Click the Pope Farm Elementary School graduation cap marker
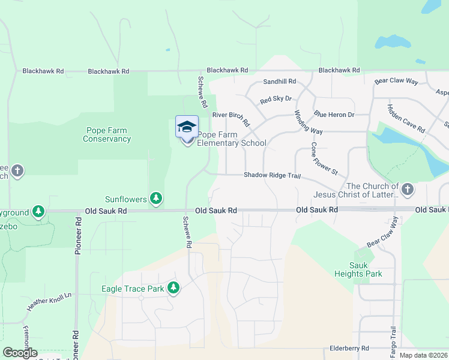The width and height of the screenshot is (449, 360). [187, 127]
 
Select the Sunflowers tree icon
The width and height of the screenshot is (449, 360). [156, 198]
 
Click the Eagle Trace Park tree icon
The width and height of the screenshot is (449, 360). [173, 289]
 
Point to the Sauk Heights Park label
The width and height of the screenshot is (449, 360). [358, 269]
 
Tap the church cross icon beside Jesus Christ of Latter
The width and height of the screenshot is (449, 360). [408, 190]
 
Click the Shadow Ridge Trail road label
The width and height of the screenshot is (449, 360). [271, 175]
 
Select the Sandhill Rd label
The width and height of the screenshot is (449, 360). [280, 82]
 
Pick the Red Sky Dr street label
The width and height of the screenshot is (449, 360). [276, 99]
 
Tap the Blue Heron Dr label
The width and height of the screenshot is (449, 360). [334, 115]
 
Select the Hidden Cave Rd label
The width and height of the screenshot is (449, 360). [406, 119]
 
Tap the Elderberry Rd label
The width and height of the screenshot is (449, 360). [349, 348]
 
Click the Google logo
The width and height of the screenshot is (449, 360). [20, 353]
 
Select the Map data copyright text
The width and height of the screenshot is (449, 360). [423, 355]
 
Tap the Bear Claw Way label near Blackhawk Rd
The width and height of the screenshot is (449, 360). [396, 80]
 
